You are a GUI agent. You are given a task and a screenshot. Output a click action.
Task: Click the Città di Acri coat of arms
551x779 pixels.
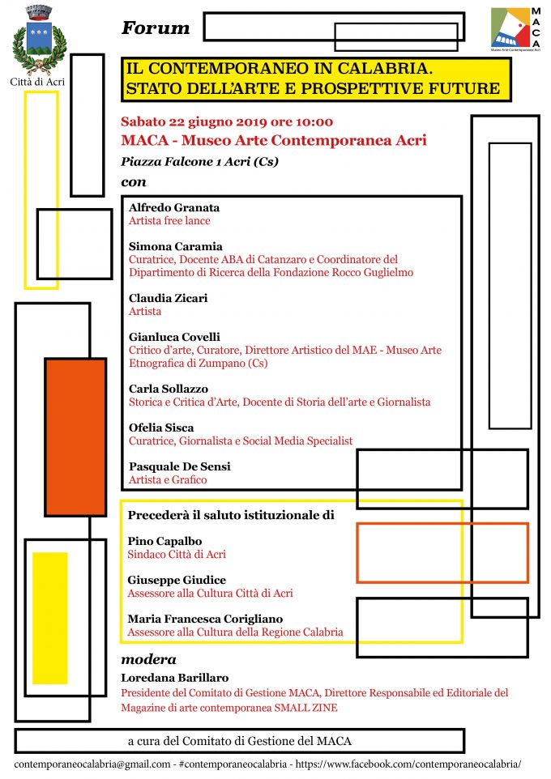[x=38, y=39]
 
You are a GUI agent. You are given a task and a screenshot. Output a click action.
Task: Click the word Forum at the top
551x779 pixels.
[x=156, y=29]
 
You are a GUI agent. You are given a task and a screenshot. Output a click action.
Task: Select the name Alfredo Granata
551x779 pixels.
[x=174, y=207]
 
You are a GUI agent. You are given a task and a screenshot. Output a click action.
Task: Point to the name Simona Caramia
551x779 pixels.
[x=175, y=246]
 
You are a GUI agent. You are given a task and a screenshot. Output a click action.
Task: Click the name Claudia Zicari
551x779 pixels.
[x=168, y=298]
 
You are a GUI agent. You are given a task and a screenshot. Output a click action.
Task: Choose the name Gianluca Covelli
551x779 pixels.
[x=174, y=337]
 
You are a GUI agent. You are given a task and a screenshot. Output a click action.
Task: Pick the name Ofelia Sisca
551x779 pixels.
[x=161, y=428]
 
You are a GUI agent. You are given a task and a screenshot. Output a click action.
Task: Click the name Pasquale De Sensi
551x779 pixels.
[x=179, y=466]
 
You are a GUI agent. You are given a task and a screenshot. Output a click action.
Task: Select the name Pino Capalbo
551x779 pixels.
[x=164, y=541]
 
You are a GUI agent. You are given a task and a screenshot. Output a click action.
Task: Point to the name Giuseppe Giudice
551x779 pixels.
[x=177, y=580]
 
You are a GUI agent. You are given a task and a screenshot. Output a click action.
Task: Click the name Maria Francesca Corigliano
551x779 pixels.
[x=205, y=619]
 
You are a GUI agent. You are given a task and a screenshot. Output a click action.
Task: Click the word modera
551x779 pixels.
[x=148, y=659]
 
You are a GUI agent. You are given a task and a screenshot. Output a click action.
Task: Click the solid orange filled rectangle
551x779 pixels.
[x=75, y=436]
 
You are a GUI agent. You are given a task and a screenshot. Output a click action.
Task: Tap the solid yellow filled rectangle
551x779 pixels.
[x=49, y=617]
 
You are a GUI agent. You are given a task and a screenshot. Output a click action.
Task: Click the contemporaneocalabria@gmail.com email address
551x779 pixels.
[x=92, y=764]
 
